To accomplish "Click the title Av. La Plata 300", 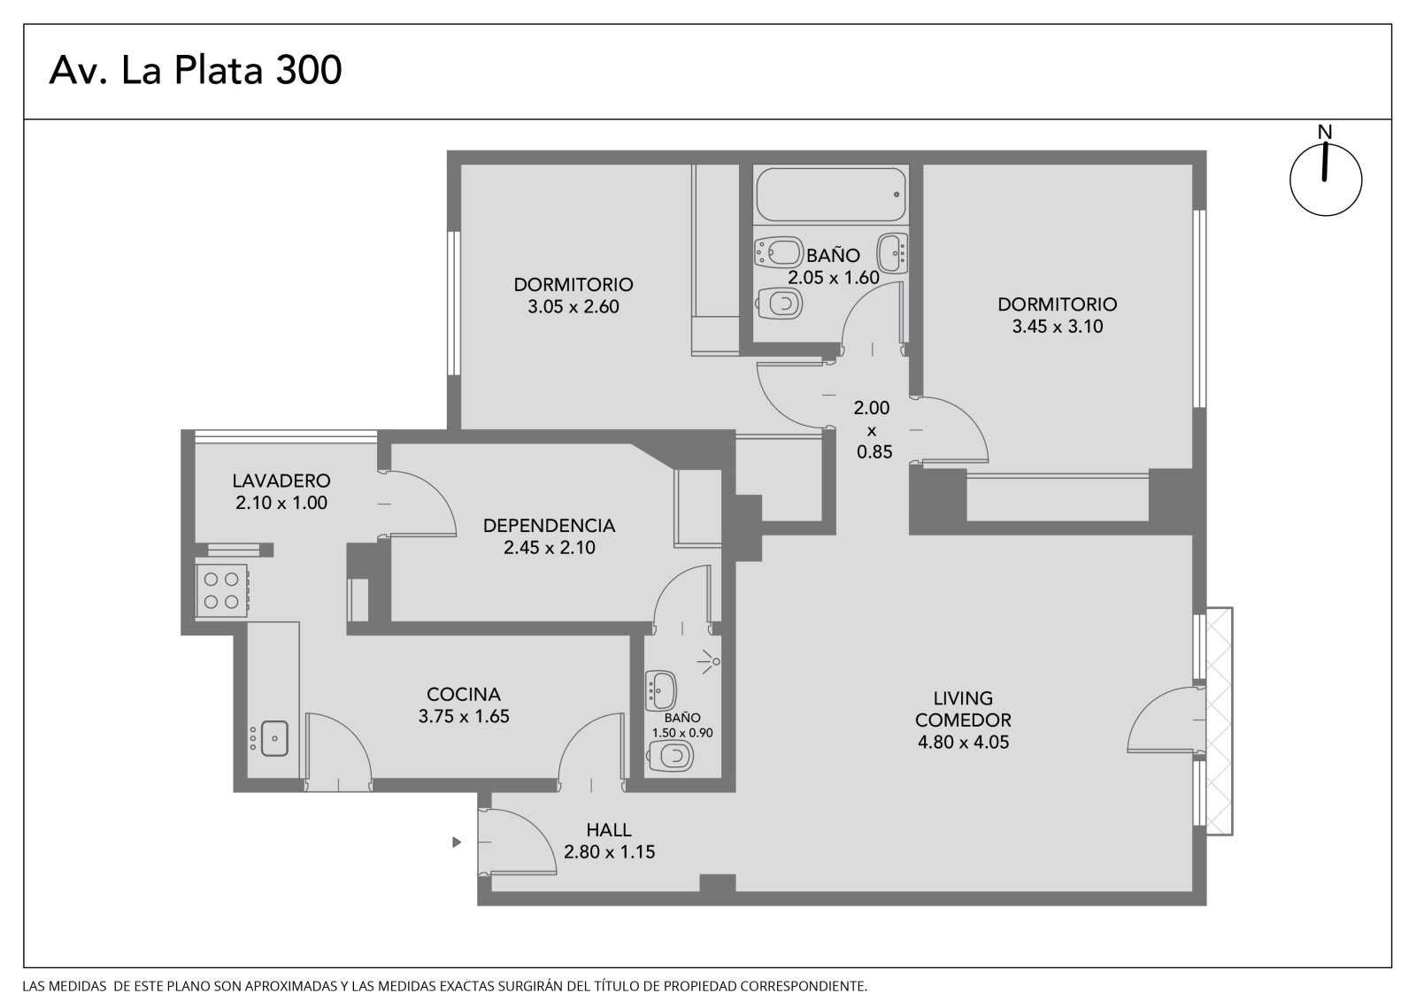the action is click(196, 70).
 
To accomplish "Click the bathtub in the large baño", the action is click(831, 194).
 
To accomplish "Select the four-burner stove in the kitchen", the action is click(221, 589).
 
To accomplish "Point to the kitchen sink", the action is click(274, 738).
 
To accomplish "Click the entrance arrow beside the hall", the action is click(457, 842).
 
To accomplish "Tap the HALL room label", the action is click(609, 829).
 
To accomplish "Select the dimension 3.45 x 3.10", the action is click(1058, 327).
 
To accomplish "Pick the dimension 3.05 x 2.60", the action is click(573, 307).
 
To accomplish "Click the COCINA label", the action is click(464, 694).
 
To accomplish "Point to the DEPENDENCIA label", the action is click(549, 526).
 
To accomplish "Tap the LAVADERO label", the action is click(281, 481).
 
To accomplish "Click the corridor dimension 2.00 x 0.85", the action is click(873, 429).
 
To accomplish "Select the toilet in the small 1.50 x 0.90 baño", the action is click(671, 756).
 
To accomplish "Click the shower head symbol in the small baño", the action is click(711, 661).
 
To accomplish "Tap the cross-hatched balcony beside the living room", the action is click(1220, 720).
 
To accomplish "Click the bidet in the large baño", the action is click(778, 251).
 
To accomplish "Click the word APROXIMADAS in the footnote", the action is click(290, 986).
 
